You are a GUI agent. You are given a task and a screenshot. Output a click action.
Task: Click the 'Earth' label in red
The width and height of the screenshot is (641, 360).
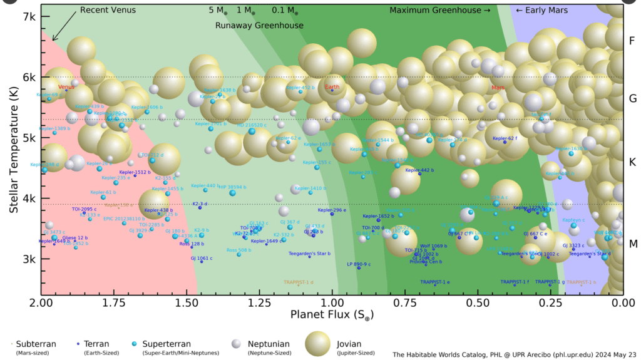(332, 87)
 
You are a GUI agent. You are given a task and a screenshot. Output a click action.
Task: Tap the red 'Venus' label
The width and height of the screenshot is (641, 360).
(66, 87)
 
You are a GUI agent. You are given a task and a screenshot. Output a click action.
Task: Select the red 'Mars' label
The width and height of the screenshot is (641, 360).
(498, 88)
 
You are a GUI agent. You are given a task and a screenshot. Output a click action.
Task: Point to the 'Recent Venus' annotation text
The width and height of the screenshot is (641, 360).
(108, 11)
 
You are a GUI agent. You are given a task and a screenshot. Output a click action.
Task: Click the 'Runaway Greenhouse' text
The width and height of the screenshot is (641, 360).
(259, 26)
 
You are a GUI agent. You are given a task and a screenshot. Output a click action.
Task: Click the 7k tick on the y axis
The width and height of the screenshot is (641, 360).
(29, 16)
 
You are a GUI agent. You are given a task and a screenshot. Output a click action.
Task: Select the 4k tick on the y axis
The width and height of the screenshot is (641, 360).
(29, 198)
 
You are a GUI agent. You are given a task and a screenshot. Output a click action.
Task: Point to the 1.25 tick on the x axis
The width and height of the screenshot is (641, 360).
(259, 302)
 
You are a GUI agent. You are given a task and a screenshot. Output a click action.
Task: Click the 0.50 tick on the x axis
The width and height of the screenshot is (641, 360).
(478, 302)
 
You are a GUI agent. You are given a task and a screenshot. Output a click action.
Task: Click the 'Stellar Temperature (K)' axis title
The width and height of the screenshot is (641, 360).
(13, 150)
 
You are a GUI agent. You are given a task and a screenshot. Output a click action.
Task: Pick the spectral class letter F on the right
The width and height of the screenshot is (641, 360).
(632, 41)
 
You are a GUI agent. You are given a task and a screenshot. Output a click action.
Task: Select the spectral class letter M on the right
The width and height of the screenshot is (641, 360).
(632, 244)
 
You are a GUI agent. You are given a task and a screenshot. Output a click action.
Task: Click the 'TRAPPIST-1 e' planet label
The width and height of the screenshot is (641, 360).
(435, 282)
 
